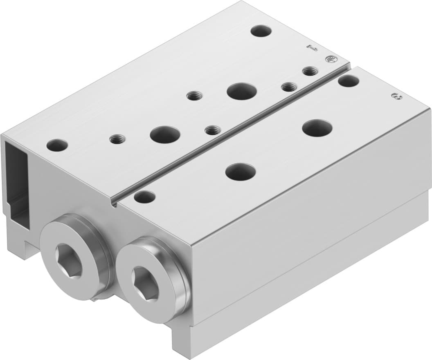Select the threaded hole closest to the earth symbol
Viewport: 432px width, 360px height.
(309, 72)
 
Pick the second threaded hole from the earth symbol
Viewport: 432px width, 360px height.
(289, 86)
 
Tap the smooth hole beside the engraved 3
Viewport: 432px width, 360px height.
(349, 81)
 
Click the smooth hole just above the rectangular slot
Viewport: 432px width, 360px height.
(57, 145)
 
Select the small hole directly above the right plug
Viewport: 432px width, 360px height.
(144, 197)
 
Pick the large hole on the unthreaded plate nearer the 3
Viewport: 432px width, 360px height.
(317, 128)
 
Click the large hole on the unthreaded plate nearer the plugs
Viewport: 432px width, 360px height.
(240, 172)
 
